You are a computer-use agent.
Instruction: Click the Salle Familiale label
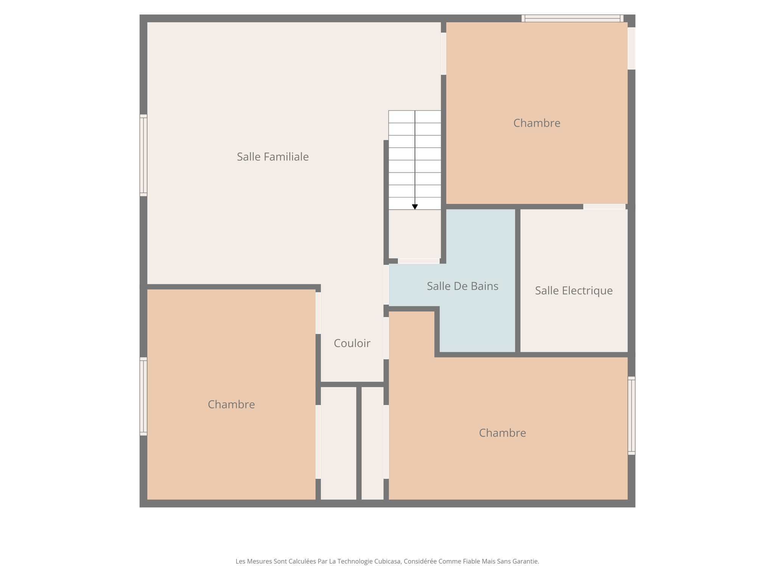click(272, 157)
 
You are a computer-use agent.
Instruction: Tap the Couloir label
click(352, 343)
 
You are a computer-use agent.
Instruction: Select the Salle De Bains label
click(462, 286)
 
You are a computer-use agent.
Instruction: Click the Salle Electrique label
click(573, 290)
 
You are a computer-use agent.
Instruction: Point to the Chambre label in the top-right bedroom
click(536, 123)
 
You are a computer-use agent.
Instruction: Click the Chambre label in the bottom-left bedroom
click(231, 404)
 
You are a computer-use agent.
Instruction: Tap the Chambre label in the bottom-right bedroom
click(502, 433)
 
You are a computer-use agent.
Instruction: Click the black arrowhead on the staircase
click(415, 207)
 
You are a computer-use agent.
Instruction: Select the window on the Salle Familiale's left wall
click(143, 155)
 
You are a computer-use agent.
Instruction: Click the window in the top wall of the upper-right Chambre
click(572, 18)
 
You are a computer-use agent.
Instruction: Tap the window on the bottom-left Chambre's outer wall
click(143, 396)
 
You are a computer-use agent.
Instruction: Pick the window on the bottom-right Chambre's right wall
click(631, 415)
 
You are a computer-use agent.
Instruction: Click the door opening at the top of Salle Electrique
click(604, 207)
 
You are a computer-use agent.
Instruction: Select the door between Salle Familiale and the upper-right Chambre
click(443, 54)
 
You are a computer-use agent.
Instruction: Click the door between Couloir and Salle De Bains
click(386, 284)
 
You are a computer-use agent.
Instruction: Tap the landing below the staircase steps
click(415, 234)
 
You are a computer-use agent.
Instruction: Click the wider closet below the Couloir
click(338, 443)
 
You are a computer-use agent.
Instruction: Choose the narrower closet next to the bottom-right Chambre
click(372, 443)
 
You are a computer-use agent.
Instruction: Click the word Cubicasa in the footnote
click(387, 561)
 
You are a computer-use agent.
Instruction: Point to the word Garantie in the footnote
click(526, 561)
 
